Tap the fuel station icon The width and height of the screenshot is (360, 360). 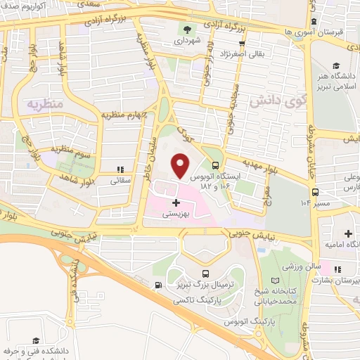158,285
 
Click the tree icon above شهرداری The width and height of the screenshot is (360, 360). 187,29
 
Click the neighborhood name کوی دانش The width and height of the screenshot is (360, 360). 269,101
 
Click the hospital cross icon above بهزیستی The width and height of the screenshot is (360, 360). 176,202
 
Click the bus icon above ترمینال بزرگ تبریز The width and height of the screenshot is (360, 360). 205,274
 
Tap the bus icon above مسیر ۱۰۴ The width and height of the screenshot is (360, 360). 316,191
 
